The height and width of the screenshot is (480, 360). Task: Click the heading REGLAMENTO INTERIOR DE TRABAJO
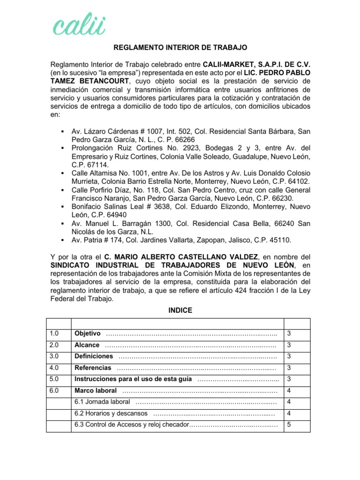[180, 48]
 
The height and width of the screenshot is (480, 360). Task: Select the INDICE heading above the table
[180, 310]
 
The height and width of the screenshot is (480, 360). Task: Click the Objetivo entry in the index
[88, 334]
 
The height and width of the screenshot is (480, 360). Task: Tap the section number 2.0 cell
[54, 345]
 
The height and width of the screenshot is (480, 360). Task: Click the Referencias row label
[93, 368]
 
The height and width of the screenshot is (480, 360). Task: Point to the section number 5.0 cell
[54, 379]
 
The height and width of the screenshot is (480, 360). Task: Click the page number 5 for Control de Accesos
[289, 425]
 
